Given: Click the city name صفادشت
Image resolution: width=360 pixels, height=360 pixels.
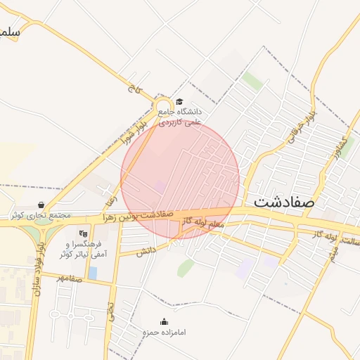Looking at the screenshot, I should [x=285, y=200].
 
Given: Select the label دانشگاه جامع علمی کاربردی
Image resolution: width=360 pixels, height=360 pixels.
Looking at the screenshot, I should [x=180, y=117].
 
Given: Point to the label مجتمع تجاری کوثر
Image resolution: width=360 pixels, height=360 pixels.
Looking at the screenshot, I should [x=37, y=215].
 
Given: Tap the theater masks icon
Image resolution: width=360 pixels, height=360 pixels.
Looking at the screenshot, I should [x=83, y=233].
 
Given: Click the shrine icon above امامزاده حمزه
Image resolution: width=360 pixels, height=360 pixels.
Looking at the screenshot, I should [x=165, y=321].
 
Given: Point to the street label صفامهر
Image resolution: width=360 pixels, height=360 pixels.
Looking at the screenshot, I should [x=70, y=278].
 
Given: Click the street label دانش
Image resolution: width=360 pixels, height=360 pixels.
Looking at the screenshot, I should [x=146, y=250].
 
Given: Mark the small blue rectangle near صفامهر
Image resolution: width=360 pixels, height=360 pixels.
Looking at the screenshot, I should [x=94, y=272].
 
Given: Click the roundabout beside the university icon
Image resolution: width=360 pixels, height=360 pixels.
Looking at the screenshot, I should [x=161, y=105].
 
